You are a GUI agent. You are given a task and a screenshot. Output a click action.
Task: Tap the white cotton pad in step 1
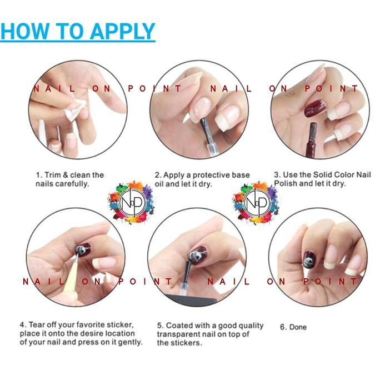pos(76,109)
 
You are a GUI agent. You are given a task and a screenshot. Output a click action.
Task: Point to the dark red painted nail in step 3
pos(315,108)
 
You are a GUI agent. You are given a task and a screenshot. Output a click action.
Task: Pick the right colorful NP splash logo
pos(256,203)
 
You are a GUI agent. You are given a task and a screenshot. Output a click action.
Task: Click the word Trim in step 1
pos(53,175)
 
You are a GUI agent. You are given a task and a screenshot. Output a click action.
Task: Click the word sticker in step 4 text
pos(119,324)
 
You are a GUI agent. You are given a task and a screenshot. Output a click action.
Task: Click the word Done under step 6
pos(298,327)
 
